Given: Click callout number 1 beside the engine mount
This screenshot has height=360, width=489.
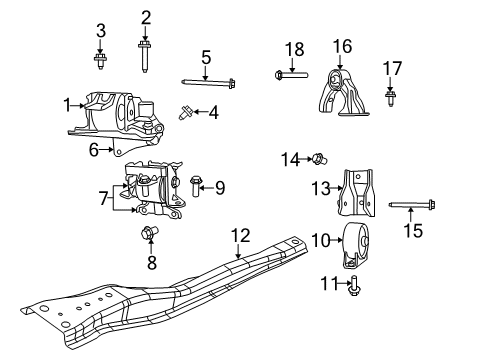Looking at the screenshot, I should (67, 104).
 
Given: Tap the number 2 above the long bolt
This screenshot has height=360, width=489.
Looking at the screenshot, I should (146, 17).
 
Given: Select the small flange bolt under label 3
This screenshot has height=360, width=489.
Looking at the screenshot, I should (101, 63).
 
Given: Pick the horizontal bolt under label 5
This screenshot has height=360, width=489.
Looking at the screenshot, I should (207, 84).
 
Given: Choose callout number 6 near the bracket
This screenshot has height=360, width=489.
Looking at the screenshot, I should (93, 150).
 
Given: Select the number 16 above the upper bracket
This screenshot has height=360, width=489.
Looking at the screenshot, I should (343, 45).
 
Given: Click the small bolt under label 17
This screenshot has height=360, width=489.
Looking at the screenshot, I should (391, 97).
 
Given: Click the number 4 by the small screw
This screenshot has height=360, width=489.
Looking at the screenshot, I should (213, 112).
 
